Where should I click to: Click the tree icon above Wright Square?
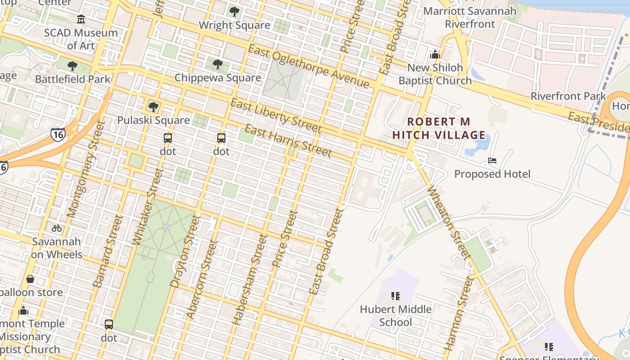coord(234,12)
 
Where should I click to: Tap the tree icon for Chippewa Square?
coord(218,64)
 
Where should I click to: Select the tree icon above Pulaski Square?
coord(153,107)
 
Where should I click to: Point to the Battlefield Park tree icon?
coord(72,67)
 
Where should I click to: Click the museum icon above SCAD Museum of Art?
coord(81,19)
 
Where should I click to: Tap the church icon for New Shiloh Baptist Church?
coord(435,54)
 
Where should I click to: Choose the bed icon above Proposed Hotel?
coord(492,161)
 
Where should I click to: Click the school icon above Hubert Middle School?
coord(396,296)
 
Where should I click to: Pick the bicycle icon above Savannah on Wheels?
coord(57,228)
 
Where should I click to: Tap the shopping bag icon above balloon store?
coord(30,279)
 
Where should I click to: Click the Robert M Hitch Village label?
coord(439,128)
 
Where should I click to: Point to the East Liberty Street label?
coord(276,116)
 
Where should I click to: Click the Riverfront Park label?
coord(568,96)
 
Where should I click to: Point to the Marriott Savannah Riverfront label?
coord(470,17)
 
